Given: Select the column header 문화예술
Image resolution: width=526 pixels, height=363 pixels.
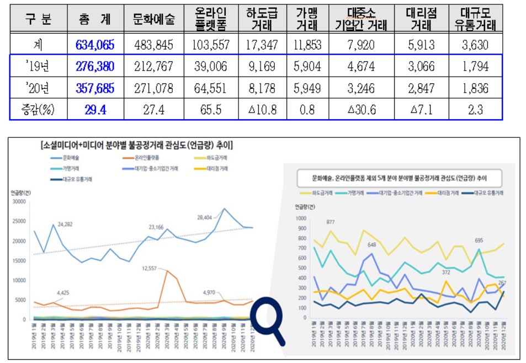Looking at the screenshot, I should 153,19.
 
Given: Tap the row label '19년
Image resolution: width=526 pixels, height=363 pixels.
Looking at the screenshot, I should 38,67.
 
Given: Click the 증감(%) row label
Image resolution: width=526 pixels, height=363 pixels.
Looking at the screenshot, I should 38,109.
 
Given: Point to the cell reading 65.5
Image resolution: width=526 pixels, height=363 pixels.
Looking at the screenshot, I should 211,109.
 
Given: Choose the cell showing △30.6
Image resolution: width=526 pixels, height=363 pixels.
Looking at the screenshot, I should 362,109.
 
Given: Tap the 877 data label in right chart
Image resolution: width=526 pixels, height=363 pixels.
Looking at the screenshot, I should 331,222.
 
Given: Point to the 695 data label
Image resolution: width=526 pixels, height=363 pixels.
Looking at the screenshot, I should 479,241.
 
